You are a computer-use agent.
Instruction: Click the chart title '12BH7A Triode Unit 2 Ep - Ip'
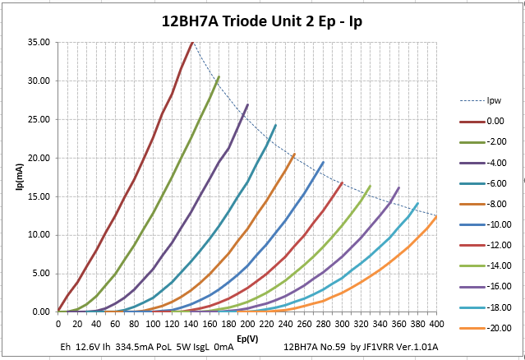point(261,21)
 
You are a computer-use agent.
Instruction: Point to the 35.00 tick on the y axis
point(39,42)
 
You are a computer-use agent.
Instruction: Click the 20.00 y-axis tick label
point(39,158)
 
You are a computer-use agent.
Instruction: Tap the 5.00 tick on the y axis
point(40,274)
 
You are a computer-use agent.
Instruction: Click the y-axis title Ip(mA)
point(18,177)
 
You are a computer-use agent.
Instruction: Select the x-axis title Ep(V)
point(246,337)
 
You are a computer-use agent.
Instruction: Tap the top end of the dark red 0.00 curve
point(191,42)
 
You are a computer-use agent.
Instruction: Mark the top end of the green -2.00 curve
point(219,76)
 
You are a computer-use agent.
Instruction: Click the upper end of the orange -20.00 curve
point(436,216)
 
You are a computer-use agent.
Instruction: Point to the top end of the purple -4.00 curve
point(247,104)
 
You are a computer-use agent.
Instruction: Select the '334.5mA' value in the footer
point(141,348)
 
